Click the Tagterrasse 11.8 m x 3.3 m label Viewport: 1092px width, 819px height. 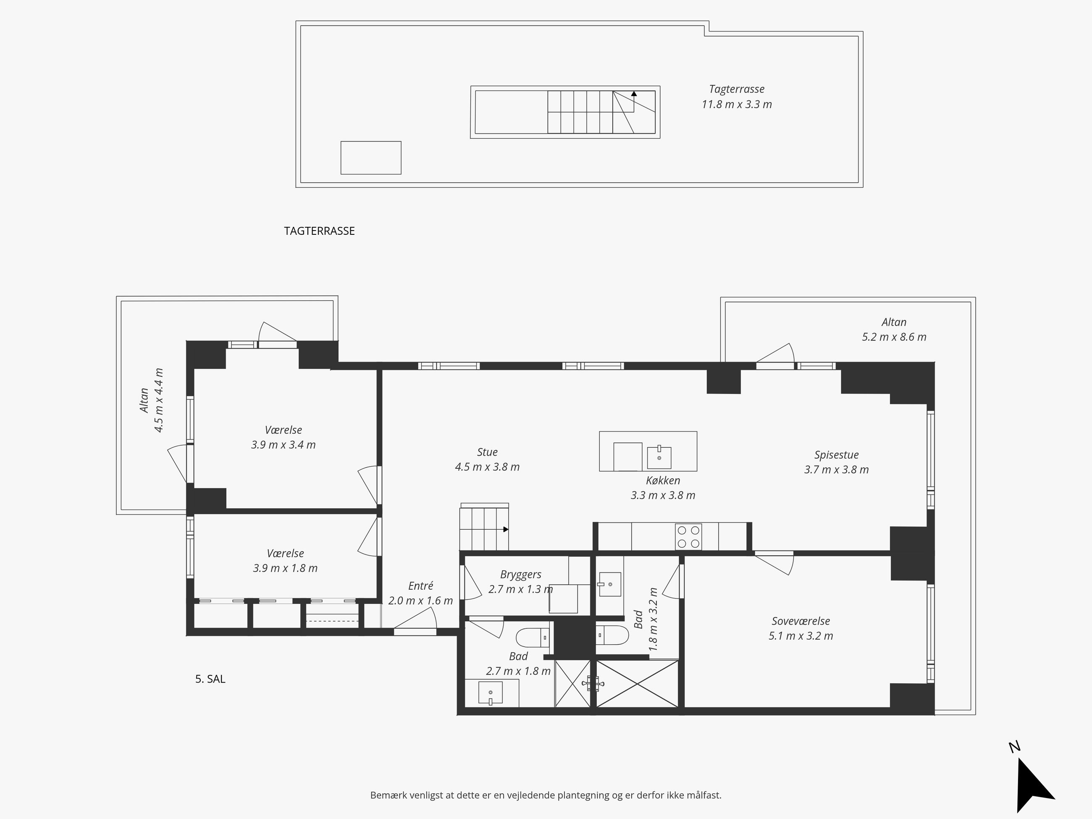click(x=737, y=97)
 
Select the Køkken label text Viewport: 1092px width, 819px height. click(x=663, y=480)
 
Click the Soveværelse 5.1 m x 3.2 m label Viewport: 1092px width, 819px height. click(x=801, y=628)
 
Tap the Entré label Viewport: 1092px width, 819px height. click(x=420, y=586)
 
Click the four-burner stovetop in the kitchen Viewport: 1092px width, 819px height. click(x=689, y=537)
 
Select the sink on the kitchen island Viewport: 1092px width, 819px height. click(x=659, y=457)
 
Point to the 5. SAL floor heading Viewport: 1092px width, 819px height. click(x=210, y=679)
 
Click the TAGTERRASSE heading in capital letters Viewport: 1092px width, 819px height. click(x=319, y=231)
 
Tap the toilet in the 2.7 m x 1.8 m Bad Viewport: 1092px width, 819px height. click(x=533, y=638)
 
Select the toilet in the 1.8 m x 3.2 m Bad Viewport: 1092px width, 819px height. click(x=612, y=635)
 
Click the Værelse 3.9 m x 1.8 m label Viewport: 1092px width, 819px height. click(x=285, y=561)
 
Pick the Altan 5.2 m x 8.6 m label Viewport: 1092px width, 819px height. click(x=894, y=329)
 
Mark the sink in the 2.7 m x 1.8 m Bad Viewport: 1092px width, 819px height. click(x=490, y=693)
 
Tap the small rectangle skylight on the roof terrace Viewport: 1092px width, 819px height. click(x=371, y=158)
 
